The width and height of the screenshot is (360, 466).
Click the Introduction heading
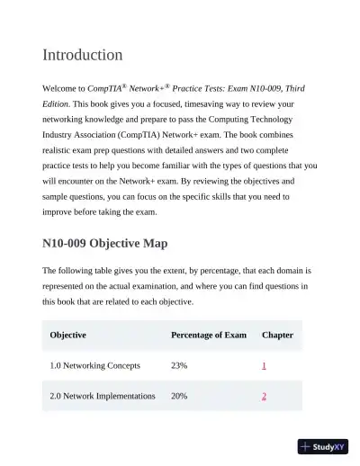[83, 55]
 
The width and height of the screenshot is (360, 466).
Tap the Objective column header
[68, 335]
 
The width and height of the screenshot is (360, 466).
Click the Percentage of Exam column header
[208, 335]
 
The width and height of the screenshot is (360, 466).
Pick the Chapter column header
[277, 335]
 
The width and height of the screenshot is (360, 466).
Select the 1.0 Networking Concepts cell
[94, 366]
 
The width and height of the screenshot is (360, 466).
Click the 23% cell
[179, 366]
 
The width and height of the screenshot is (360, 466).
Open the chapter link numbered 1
[264, 366]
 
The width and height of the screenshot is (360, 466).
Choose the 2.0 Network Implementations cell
[103, 396]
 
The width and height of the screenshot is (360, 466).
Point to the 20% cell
[179, 396]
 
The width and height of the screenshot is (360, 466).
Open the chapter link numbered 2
[264, 396]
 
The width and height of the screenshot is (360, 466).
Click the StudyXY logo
[323, 445]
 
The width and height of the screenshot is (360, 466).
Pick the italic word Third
[291, 89]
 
